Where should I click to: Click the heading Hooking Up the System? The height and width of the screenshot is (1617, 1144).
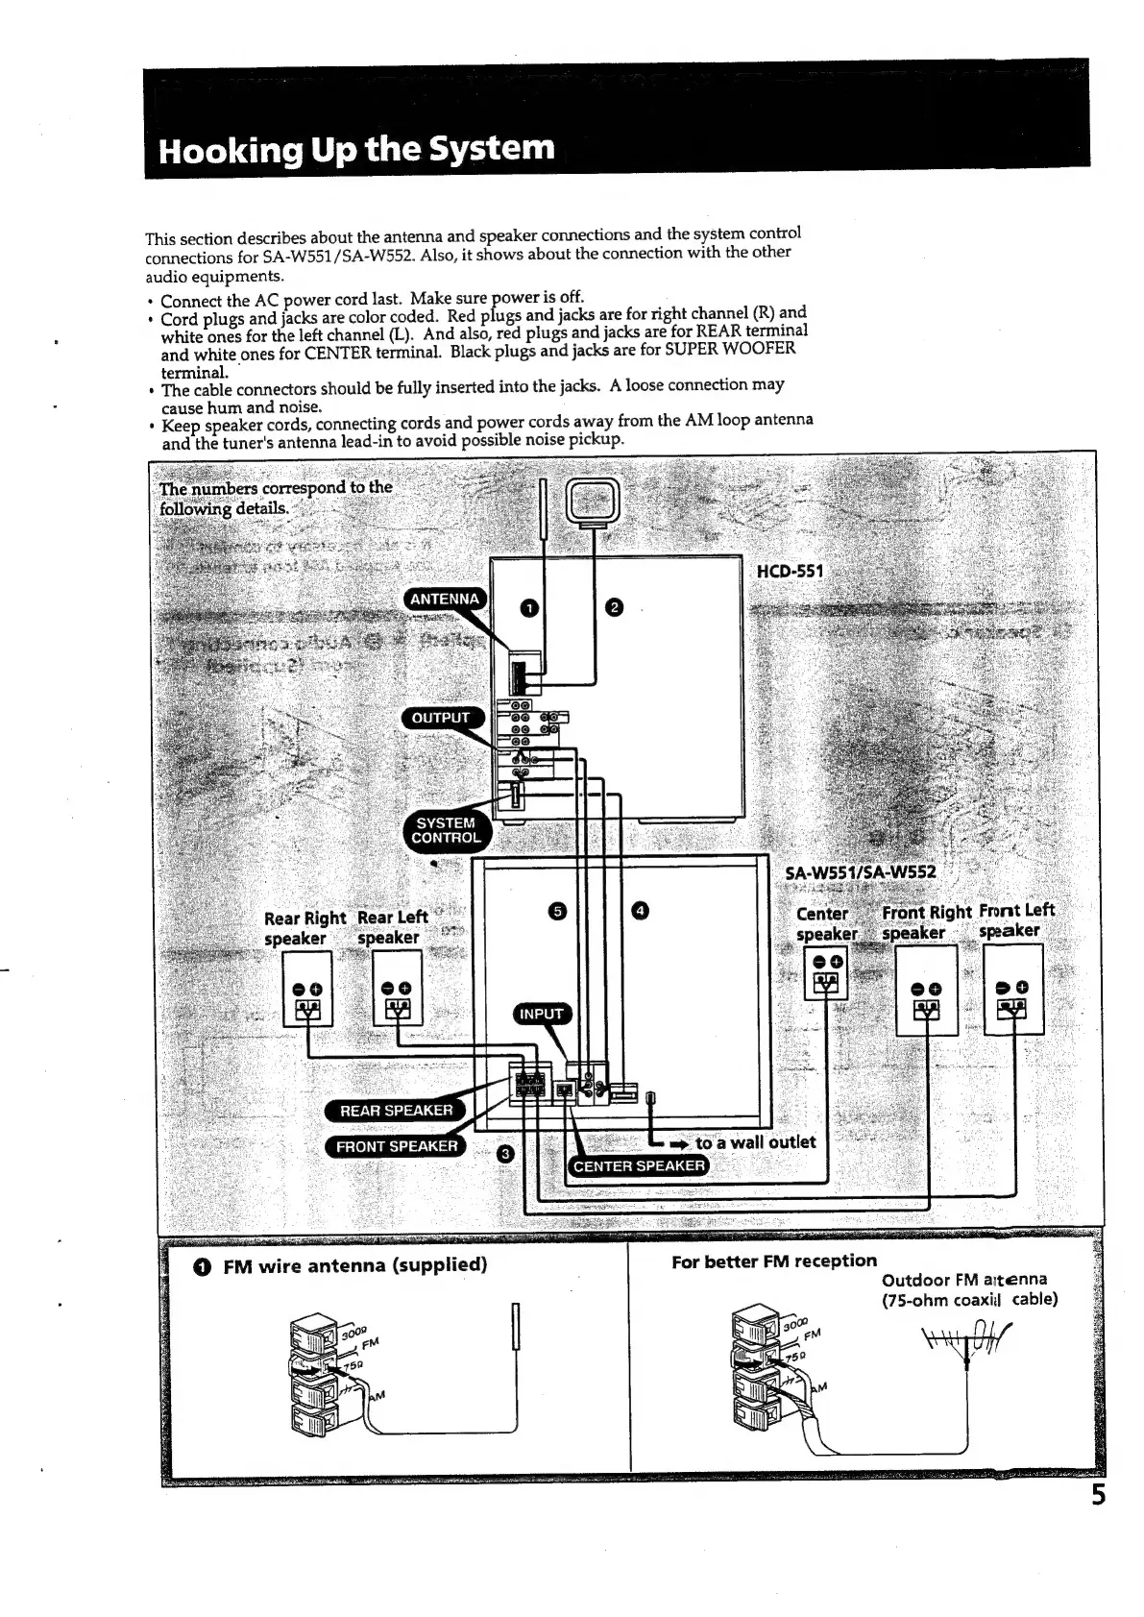356,150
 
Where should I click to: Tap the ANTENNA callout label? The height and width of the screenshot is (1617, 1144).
444,599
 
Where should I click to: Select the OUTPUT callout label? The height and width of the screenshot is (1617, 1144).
441,718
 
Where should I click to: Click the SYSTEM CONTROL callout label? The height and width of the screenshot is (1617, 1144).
446,830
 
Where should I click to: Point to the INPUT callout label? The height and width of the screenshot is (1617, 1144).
541,1014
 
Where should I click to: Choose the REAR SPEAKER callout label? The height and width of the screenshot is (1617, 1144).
396,1110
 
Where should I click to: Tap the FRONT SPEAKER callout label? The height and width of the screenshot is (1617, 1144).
396,1146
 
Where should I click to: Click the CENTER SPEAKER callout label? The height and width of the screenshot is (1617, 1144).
639,1166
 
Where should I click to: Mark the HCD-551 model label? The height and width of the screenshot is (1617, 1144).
790,572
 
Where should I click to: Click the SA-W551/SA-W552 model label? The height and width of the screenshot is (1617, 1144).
860,872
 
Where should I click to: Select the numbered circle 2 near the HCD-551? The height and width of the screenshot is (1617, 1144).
616,606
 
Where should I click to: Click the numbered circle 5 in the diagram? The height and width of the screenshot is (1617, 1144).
556,911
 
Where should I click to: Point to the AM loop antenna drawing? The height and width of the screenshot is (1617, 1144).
594,502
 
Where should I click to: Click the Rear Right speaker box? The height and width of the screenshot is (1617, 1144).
307,989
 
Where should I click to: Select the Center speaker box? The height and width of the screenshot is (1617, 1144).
826,972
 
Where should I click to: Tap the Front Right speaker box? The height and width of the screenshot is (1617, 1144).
926,991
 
